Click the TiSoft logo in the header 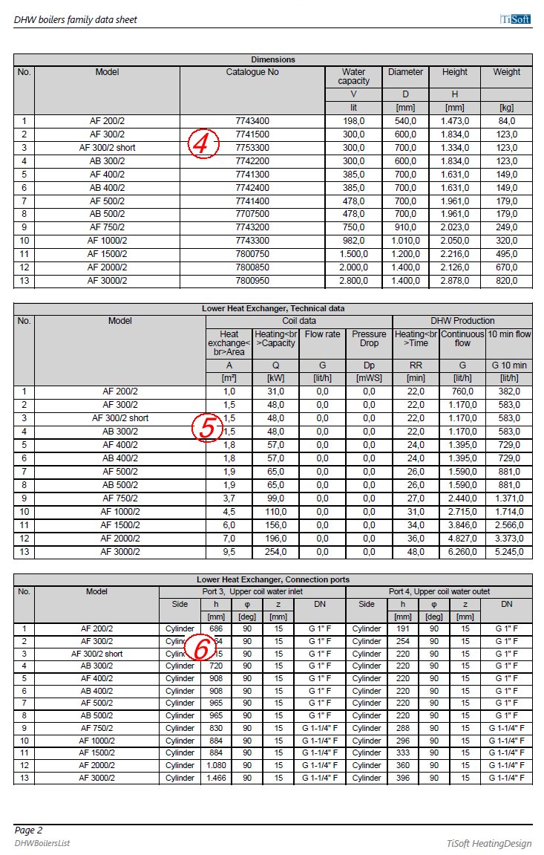(514, 19)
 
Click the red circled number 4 (202, 143)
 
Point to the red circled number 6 (200, 648)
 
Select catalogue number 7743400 (252, 121)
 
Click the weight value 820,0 (506, 281)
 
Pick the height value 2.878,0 (454, 281)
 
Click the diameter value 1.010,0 (405, 241)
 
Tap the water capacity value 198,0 (353, 121)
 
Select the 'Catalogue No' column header (252, 73)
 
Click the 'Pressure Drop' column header (369, 339)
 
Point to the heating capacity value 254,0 (275, 552)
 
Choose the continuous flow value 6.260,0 (462, 552)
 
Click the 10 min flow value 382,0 (509, 391)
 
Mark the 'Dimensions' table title (272, 59)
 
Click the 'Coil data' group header (298, 321)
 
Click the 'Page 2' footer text (28, 830)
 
